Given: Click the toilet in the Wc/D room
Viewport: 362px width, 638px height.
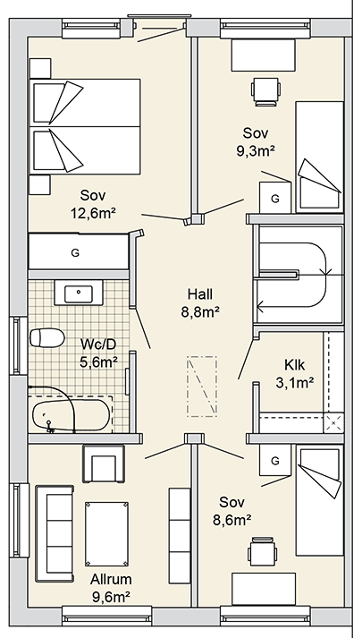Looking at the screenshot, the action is click(47, 337).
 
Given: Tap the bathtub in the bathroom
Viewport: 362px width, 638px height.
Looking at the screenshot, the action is click(72, 415).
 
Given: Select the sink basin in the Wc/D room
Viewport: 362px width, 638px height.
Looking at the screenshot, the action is click(79, 293).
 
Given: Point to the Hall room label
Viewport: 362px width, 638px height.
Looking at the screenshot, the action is click(200, 293).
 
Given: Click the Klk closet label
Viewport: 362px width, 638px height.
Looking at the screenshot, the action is click(294, 365).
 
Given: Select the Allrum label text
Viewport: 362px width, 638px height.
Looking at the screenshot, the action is click(111, 579).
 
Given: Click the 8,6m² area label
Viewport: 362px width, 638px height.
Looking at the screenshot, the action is click(232, 520).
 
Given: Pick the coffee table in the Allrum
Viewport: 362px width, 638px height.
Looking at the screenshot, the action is click(106, 534).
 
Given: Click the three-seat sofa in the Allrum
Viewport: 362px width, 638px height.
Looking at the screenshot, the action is click(55, 533).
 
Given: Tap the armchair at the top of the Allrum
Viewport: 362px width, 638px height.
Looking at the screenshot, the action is click(103, 464).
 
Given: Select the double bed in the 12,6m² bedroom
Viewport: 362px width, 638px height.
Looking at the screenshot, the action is click(85, 126).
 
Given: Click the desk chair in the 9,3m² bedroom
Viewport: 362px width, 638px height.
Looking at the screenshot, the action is click(266, 91).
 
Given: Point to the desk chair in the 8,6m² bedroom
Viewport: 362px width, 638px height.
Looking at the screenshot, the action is click(263, 552).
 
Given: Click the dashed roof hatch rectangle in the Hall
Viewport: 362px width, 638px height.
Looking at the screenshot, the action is click(202, 387).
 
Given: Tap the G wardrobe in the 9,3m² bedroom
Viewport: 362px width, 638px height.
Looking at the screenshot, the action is click(275, 198).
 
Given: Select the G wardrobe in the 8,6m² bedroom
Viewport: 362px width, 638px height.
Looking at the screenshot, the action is click(275, 460).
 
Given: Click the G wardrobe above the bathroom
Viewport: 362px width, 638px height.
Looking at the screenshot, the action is click(79, 252).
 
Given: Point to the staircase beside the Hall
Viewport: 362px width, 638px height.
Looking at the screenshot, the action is click(299, 275).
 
